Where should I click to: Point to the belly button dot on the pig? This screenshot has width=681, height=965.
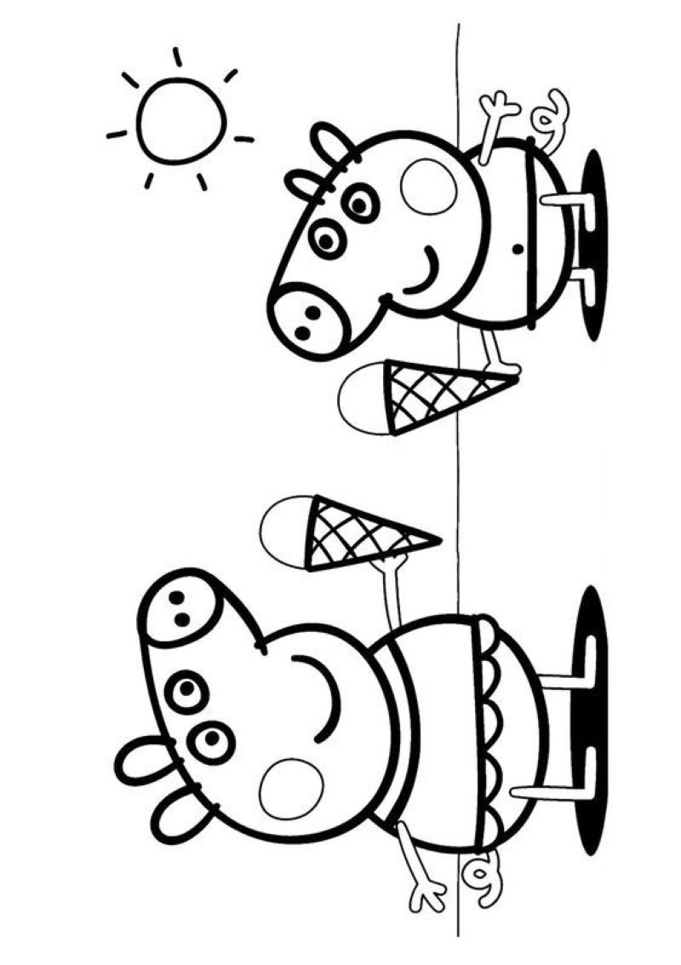click(x=516, y=250)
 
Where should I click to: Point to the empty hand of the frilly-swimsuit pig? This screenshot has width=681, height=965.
click(x=426, y=892)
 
